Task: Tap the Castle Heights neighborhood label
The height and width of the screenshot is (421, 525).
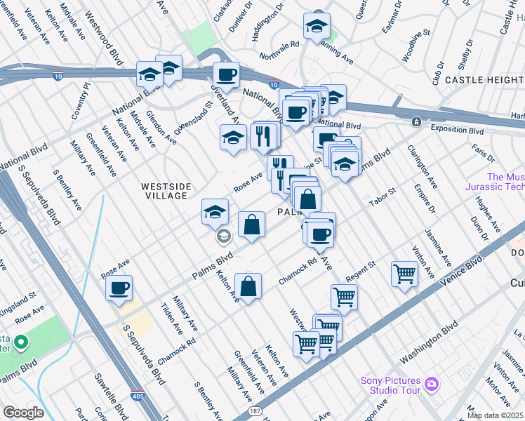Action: coord(484,80)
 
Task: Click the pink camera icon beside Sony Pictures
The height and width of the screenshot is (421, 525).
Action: coord(431,384)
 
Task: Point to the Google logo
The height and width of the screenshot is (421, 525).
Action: coord(22,413)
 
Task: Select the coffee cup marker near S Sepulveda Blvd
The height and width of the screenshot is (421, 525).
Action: coord(119,288)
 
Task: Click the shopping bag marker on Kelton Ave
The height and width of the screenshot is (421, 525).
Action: coord(248,288)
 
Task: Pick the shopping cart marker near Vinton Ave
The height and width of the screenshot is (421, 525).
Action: coord(404,274)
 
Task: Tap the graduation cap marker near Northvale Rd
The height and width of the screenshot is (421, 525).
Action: coord(317,27)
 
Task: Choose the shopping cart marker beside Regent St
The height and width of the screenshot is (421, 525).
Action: coord(344,296)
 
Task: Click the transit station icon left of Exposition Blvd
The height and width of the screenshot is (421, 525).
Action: coord(416,121)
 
